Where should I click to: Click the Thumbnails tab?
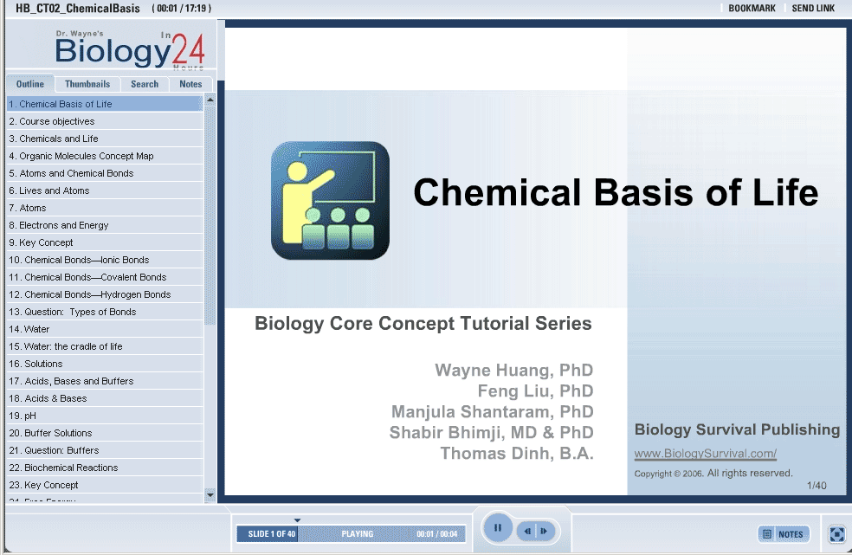pos(87,84)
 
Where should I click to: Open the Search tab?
pos(145,84)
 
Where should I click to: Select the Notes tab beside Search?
pos(190,84)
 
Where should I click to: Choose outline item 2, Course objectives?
pos(52,121)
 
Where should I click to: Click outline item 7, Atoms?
pos(28,208)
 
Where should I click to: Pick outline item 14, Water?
pos(29,329)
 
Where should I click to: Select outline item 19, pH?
pos(23,416)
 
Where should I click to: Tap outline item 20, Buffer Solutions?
pos(50,433)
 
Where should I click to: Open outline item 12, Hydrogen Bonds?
pos(90,294)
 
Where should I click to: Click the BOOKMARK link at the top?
pos(752,8)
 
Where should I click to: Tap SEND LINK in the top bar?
pos(813,8)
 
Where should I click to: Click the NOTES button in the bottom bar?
pos(784,534)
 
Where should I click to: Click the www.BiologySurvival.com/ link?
pos(706,454)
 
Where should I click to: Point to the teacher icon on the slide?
pos(331,201)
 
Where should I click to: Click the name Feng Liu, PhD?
pos(535,390)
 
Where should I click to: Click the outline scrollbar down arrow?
pos(210,494)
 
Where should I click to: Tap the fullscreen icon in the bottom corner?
pos(836,534)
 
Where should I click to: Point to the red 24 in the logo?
pos(188,49)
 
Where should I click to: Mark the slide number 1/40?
pos(816,486)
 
